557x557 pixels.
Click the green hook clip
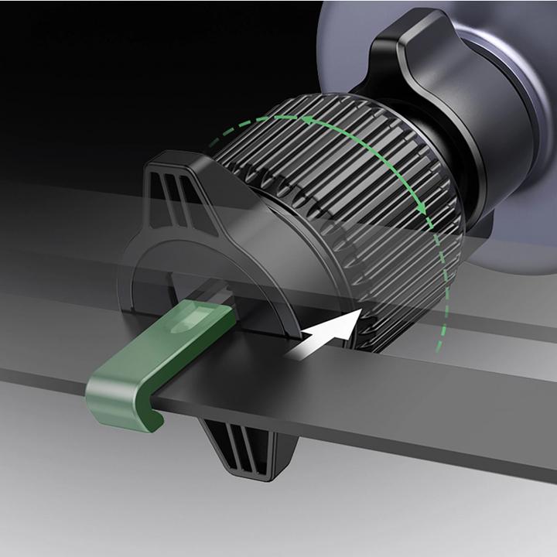pyautogui.click(x=155, y=364)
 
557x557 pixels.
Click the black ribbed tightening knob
pyautogui.click(x=340, y=193)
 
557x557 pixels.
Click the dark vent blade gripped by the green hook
pyautogui.click(x=387, y=402)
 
